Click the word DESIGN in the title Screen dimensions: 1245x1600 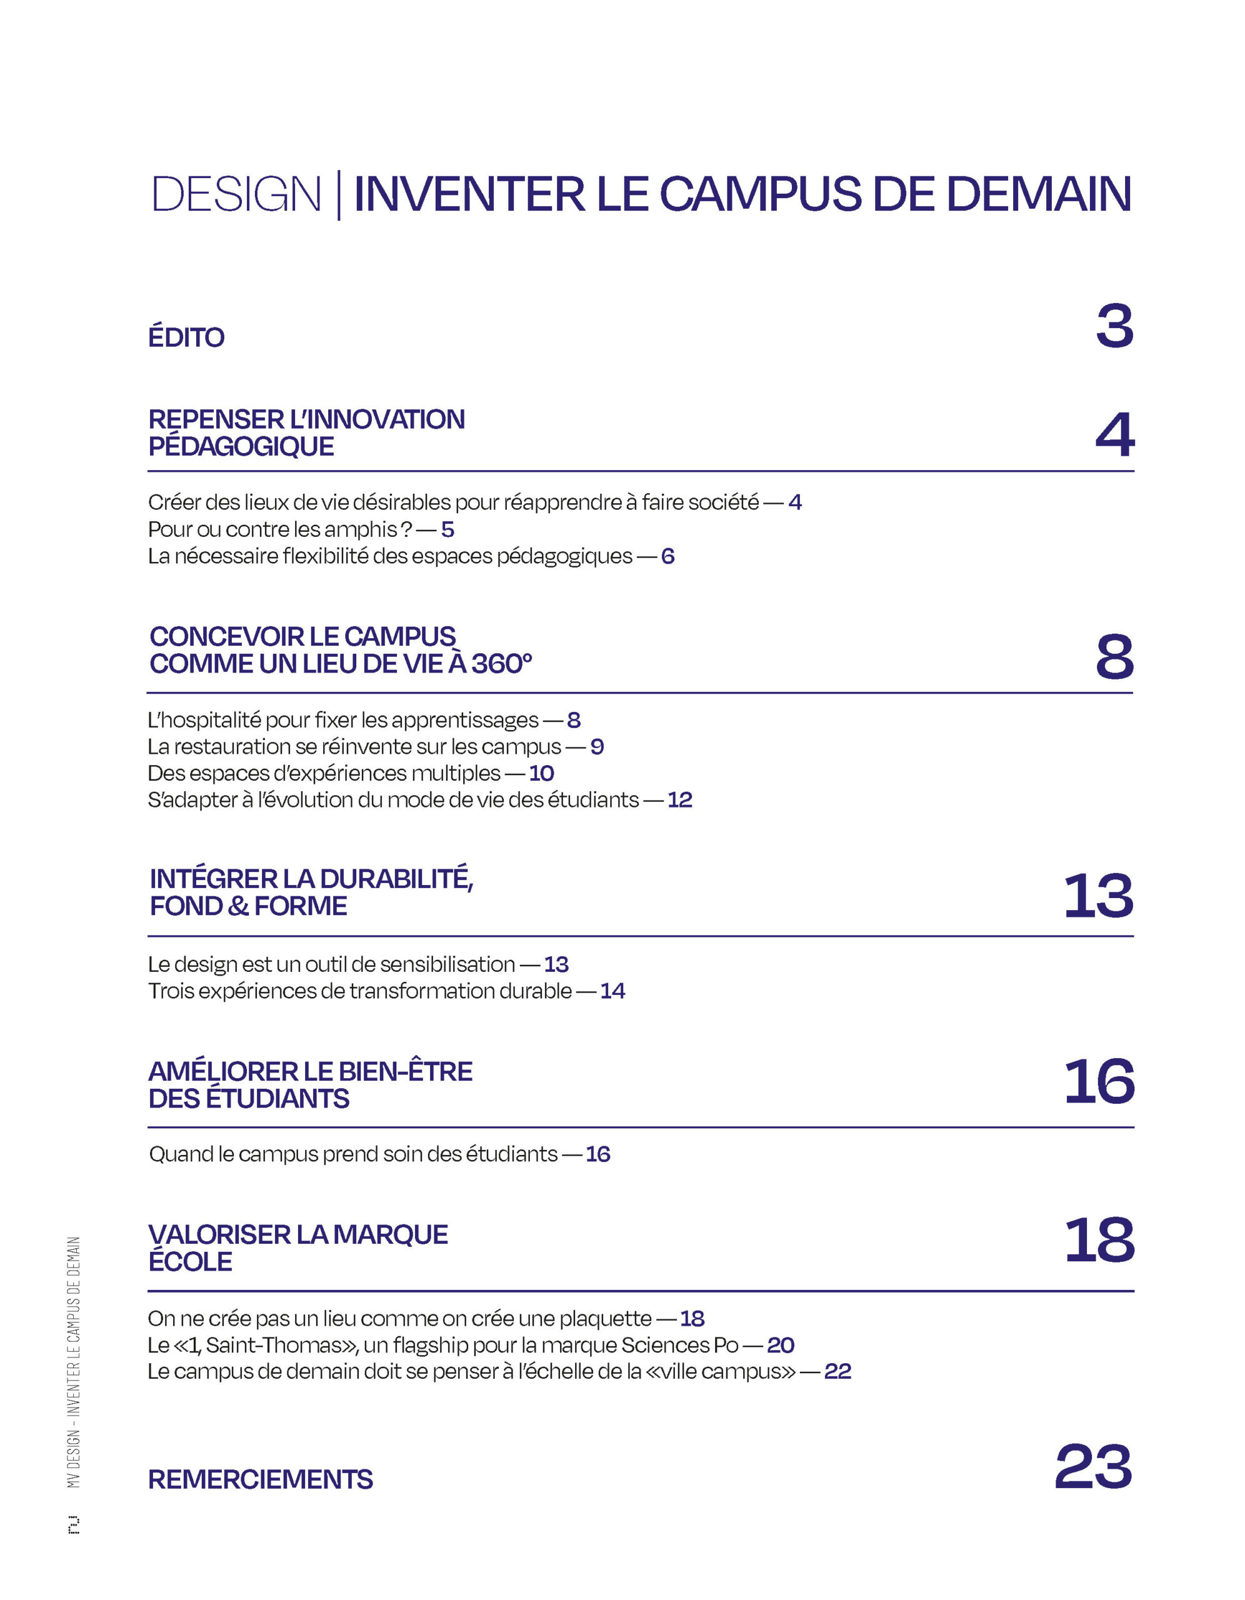(236, 195)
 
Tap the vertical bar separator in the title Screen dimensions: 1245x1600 (338, 195)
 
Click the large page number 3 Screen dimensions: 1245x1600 (1114, 326)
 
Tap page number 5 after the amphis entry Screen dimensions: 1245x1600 (447, 529)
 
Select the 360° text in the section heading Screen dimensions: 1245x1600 (502, 663)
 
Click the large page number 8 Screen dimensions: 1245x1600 (1114, 656)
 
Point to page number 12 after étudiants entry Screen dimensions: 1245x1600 (679, 799)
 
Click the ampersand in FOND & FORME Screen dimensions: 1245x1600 (238, 906)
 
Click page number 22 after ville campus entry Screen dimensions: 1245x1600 (837, 1371)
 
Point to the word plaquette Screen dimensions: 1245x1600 (605, 1319)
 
